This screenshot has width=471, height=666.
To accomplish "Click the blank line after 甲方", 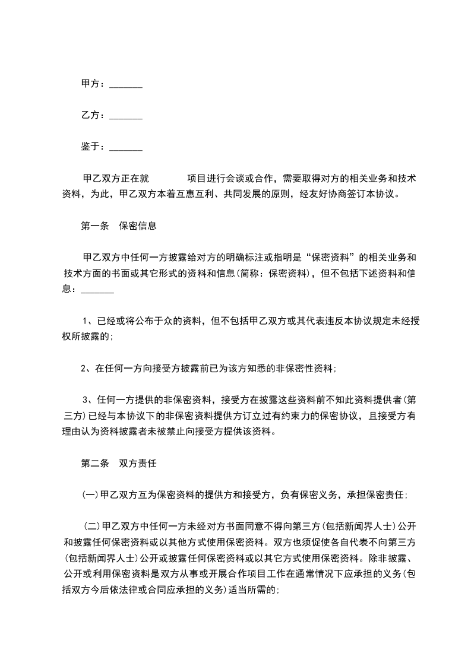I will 126,85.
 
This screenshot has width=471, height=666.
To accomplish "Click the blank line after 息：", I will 97,290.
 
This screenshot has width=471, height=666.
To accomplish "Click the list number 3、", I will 87,399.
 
